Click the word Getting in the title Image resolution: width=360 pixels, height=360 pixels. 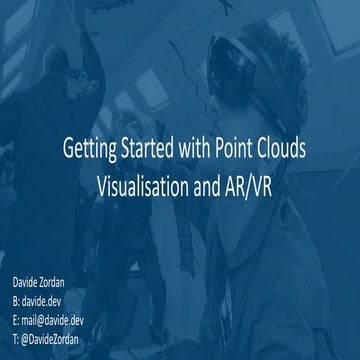(87, 152)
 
